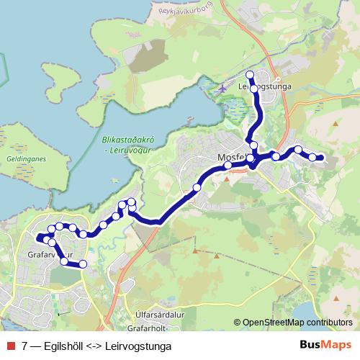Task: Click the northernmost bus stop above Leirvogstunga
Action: pyautogui.click(x=250, y=75)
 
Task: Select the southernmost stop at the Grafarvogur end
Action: pyautogui.click(x=83, y=264)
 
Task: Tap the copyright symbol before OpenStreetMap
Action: pyautogui.click(x=238, y=323)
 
